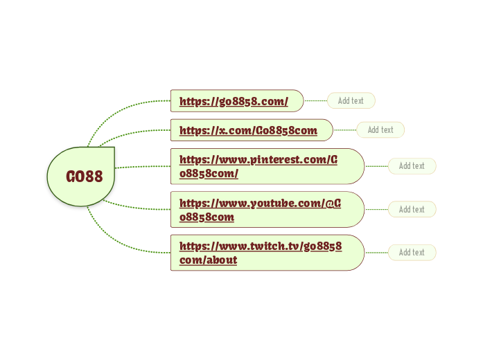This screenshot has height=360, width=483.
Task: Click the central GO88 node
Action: (x=83, y=177)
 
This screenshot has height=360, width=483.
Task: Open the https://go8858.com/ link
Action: (x=234, y=101)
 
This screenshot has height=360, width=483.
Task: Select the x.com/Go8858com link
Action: (x=248, y=130)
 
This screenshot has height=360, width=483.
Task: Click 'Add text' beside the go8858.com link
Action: (x=351, y=101)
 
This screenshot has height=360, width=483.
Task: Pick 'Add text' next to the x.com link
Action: (x=380, y=130)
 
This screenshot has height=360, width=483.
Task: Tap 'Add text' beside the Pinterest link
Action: (x=412, y=166)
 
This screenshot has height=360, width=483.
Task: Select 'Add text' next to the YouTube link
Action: (x=412, y=209)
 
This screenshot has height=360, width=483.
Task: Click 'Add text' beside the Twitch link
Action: (x=412, y=253)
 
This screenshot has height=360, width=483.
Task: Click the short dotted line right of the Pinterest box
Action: (x=376, y=166)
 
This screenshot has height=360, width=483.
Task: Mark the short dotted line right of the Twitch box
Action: (x=376, y=253)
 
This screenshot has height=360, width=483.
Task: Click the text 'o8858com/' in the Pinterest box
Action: (x=209, y=174)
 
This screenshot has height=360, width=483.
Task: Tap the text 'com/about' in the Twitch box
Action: (x=208, y=260)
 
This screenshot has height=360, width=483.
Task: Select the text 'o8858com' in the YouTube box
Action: (x=207, y=217)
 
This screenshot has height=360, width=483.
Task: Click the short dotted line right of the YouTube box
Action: (x=376, y=209)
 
